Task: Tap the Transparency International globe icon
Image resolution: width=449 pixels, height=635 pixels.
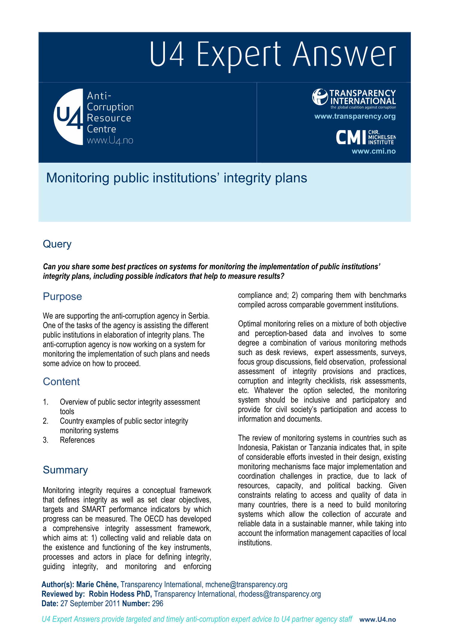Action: (320, 97)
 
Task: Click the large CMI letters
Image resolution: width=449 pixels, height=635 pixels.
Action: (351, 138)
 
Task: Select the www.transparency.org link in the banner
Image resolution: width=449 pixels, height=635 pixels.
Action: (355, 116)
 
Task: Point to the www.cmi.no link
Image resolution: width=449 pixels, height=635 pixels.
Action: (373, 151)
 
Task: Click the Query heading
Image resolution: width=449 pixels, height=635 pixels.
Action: (57, 244)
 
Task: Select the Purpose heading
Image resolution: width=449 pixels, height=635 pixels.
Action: (62, 297)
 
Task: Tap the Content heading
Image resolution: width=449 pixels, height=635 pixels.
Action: (61, 382)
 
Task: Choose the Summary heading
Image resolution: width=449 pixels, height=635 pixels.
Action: (65, 470)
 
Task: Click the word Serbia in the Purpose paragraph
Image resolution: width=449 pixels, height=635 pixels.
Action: (198, 316)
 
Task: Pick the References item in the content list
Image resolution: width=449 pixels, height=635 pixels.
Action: (77, 440)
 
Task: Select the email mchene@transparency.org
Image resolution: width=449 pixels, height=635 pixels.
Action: (246, 585)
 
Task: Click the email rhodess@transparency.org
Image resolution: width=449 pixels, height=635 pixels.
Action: (280, 594)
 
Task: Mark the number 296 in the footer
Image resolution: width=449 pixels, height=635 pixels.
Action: (158, 604)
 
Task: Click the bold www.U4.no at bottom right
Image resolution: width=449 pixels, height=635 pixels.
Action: (378, 619)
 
